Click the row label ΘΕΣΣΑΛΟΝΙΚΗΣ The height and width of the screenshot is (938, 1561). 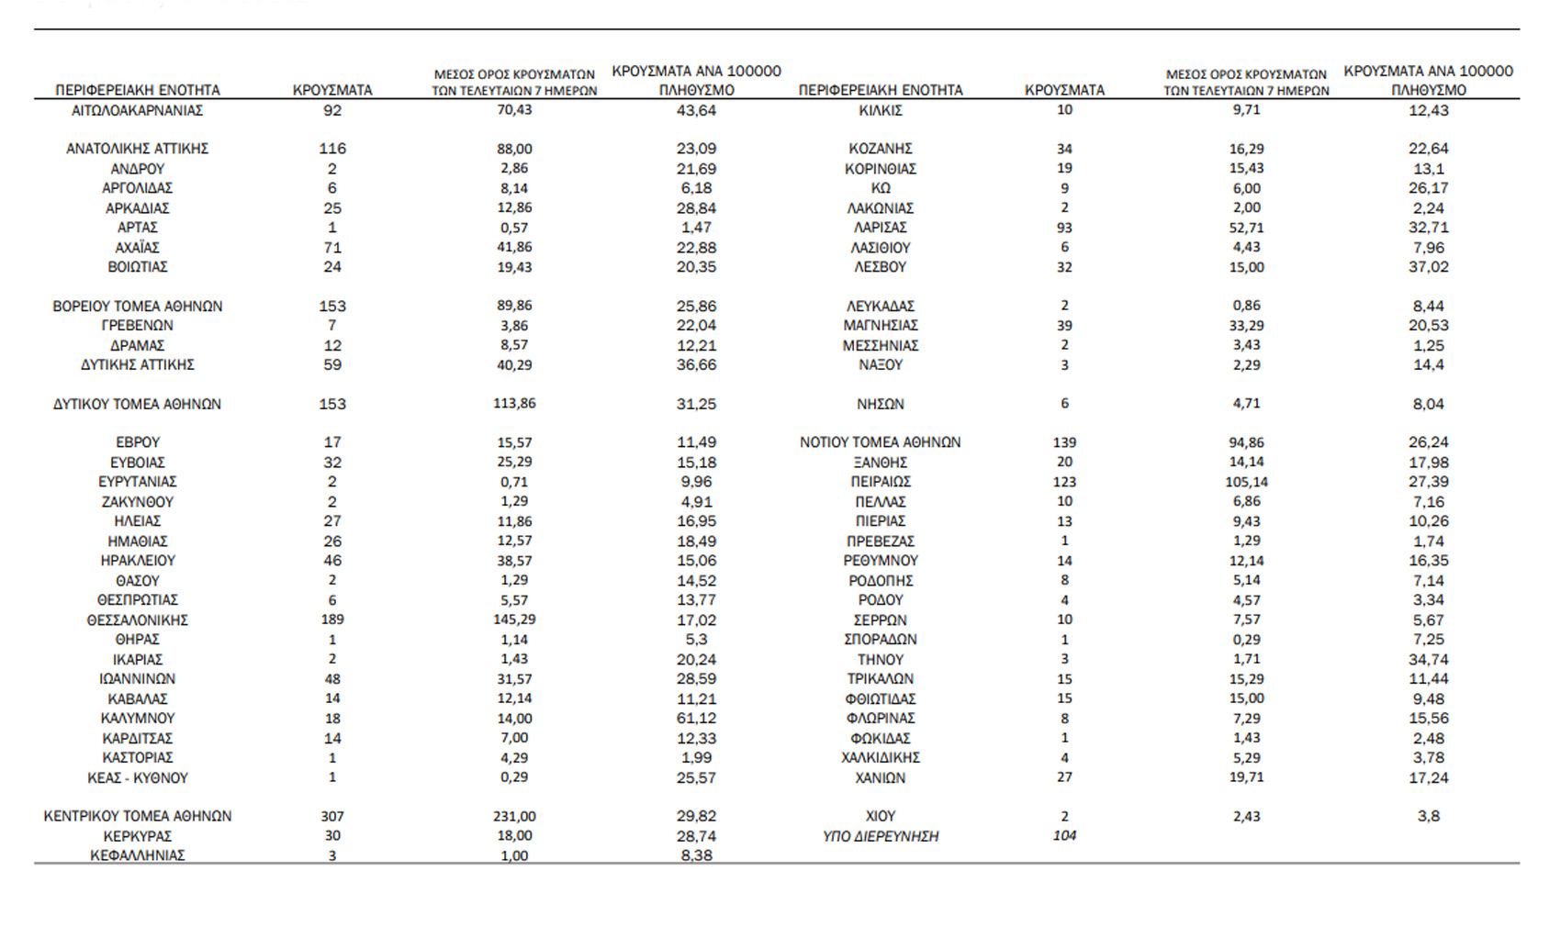tap(138, 620)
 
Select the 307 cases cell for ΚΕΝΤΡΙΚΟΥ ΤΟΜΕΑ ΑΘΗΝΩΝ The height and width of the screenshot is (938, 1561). tap(332, 817)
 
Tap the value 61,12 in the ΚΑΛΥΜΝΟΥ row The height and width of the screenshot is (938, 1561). tap(696, 719)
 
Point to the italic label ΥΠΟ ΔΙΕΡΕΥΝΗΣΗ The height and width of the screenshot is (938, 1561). tap(881, 836)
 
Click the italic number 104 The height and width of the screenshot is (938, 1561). tap(1064, 835)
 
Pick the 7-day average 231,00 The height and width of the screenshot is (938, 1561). tap(514, 817)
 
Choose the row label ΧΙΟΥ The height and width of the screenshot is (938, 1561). tap(881, 817)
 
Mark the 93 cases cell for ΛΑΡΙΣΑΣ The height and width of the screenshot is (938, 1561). tap(1064, 228)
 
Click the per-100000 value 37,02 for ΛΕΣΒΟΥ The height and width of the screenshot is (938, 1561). tap(1428, 267)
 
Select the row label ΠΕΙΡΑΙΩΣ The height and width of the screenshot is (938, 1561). tap(881, 482)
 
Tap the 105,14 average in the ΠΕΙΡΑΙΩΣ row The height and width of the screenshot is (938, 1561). tap(1246, 482)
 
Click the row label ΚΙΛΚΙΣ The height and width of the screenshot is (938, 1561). tap(881, 110)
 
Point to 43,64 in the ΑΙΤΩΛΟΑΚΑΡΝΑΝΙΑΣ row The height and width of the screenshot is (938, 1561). tap(696, 110)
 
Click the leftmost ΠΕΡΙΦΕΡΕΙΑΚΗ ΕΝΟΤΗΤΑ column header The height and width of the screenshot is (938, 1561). tap(138, 90)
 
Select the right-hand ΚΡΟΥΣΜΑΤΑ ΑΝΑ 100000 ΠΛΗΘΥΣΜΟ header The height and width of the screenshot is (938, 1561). tap(1428, 81)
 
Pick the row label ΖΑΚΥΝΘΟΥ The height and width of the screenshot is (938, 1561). tap(138, 502)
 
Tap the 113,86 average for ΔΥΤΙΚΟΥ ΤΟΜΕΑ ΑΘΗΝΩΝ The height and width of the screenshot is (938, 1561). tap(514, 404)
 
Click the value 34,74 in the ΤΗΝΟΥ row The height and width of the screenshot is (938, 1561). tap(1428, 660)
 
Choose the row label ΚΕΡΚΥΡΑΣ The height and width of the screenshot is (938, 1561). tap(138, 836)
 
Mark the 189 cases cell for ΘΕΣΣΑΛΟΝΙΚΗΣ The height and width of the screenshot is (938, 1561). tap(332, 620)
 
